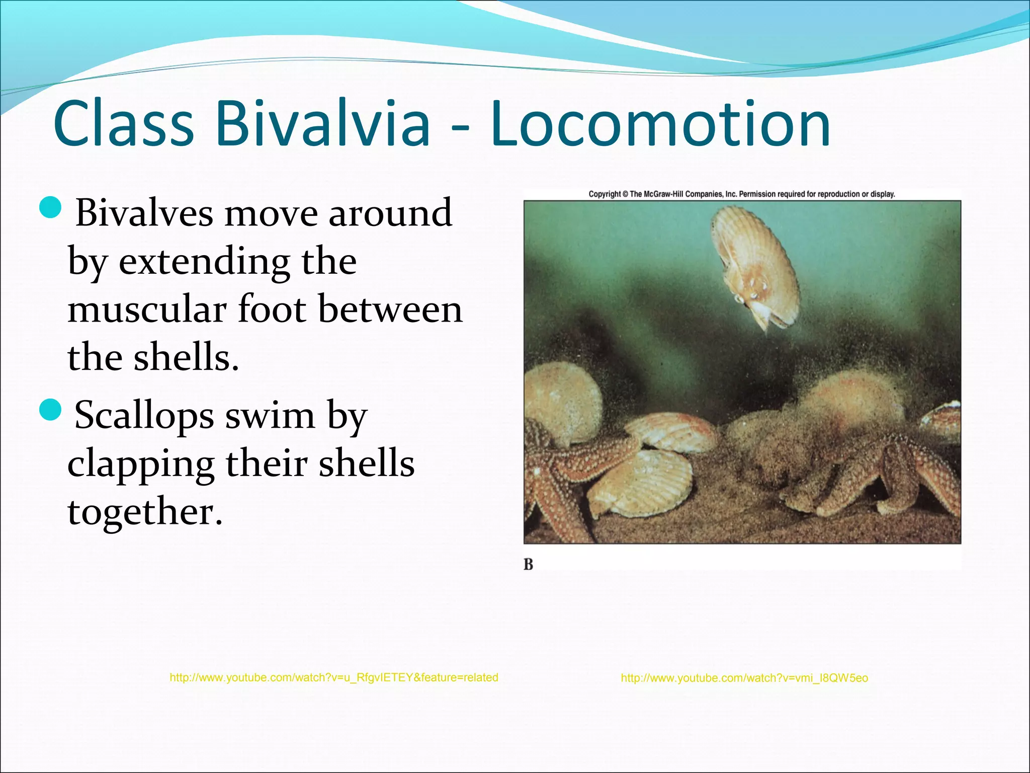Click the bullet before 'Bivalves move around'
50,208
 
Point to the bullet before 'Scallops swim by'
50,410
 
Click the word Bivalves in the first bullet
144,212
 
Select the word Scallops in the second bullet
144,416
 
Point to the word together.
145,512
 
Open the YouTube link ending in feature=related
334,678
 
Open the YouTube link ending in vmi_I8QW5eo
744,678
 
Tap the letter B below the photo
528,565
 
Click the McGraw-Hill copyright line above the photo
742,194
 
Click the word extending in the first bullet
204,262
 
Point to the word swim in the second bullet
270,416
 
